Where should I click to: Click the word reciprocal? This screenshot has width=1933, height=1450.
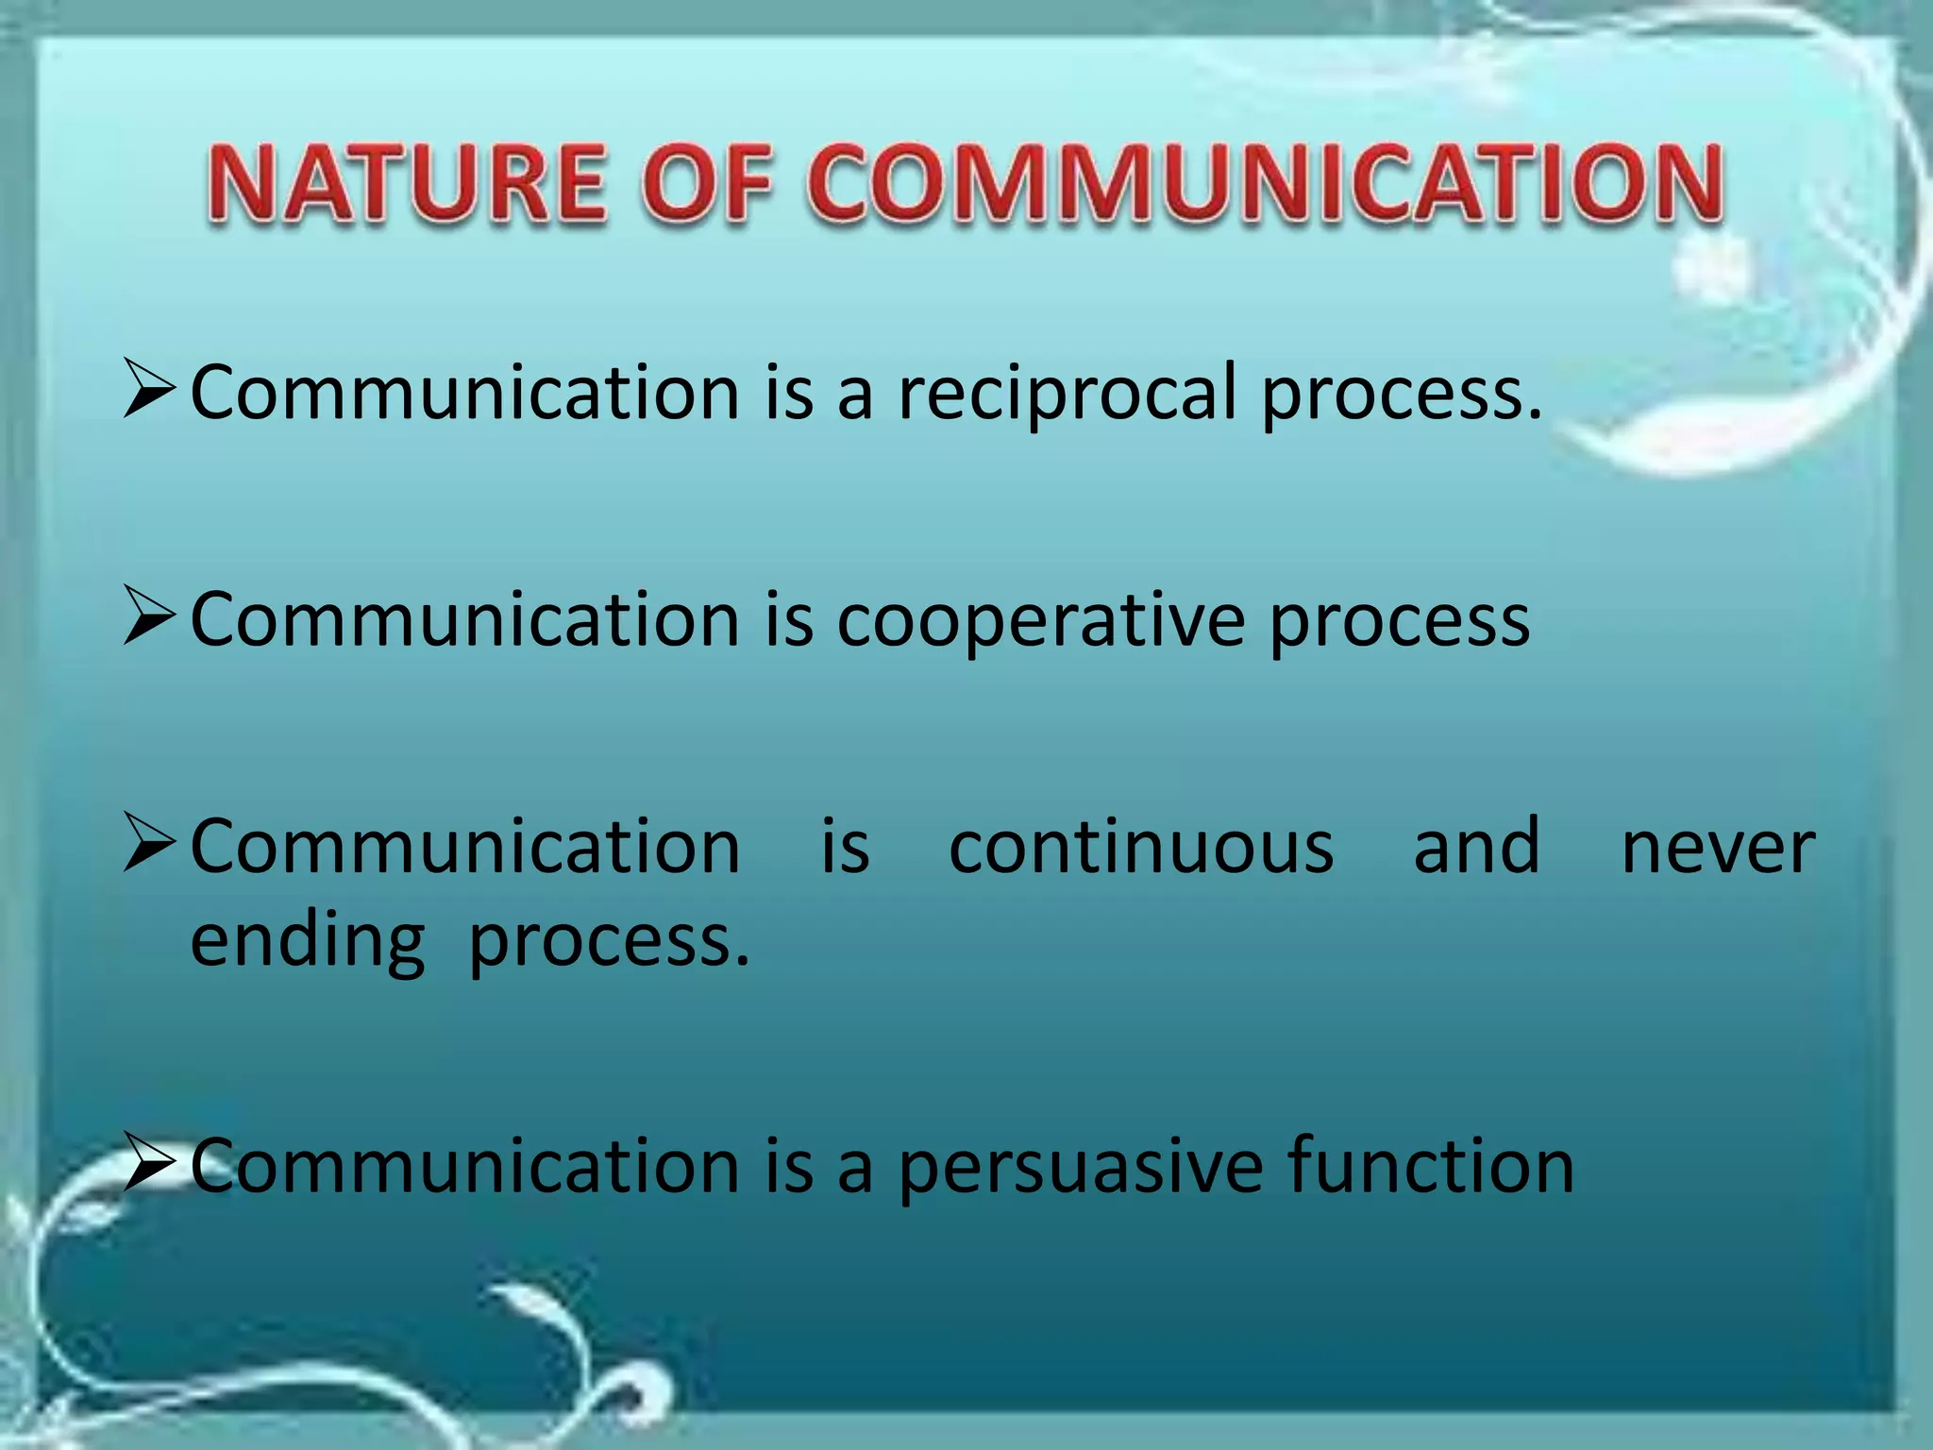[1067, 395]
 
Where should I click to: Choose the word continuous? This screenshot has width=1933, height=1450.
[1141, 847]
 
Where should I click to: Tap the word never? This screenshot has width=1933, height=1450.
[1718, 847]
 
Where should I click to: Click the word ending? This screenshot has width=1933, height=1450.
[308, 942]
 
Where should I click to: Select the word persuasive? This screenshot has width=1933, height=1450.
[1080, 1169]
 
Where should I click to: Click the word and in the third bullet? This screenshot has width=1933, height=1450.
[1476, 847]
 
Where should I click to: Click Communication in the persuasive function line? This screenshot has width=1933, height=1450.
[465, 1167]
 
